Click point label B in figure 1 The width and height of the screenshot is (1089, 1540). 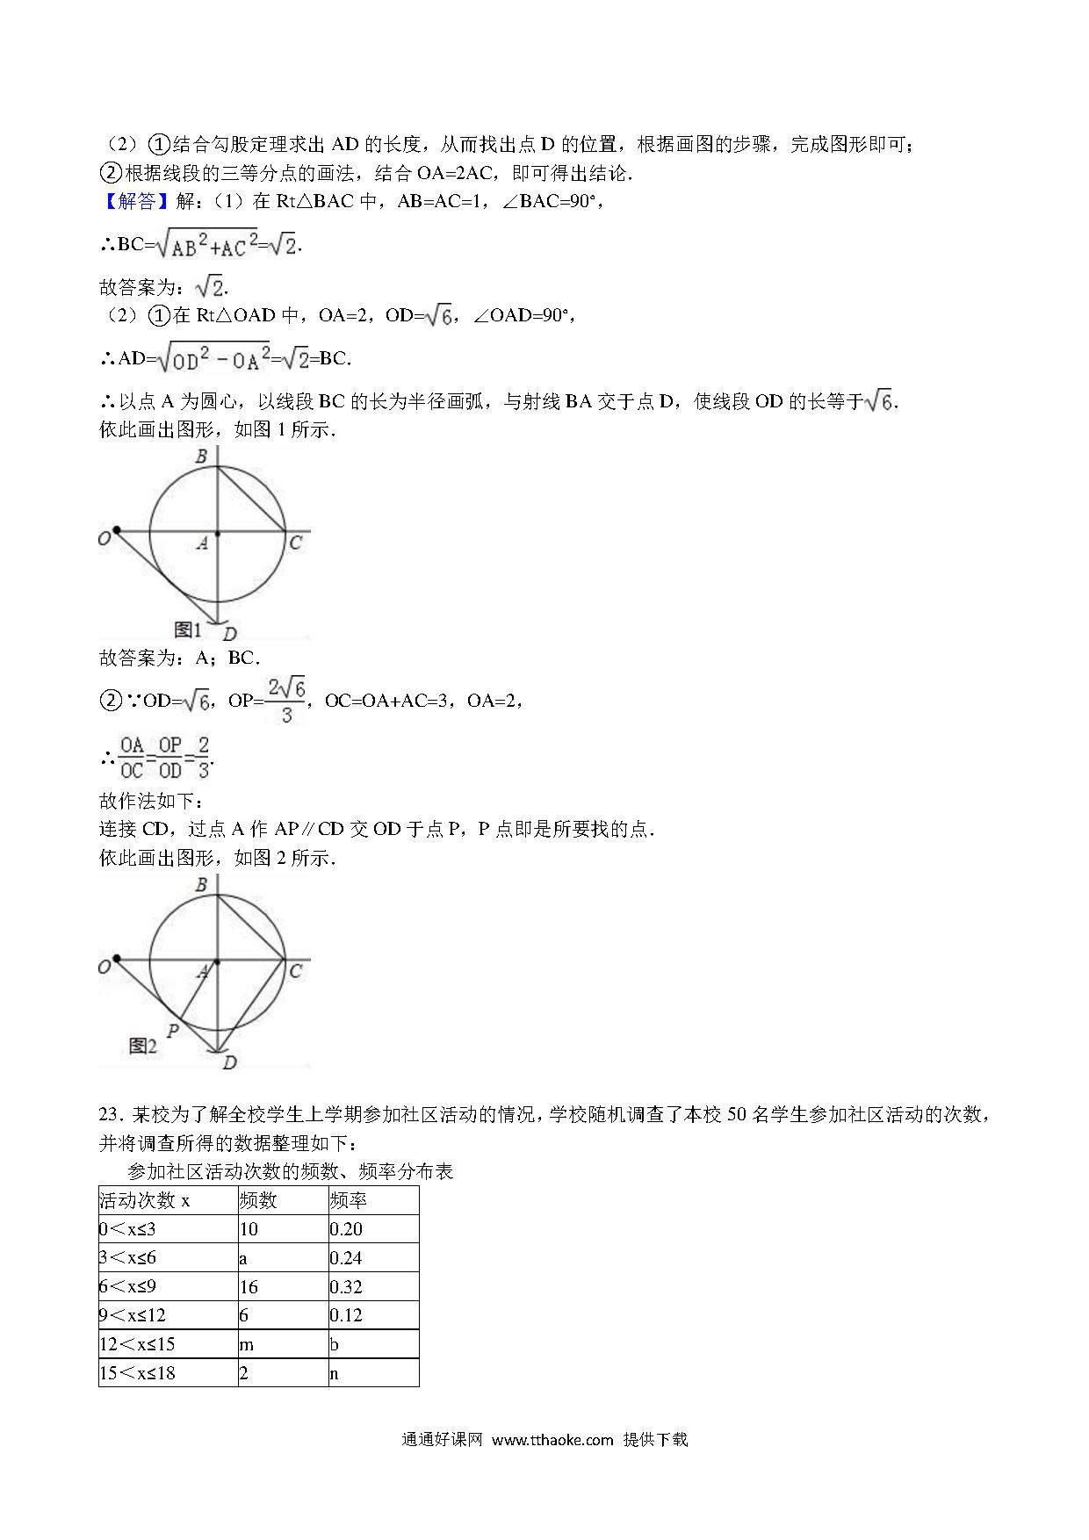[x=201, y=457]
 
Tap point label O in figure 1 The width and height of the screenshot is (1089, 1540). [x=105, y=537]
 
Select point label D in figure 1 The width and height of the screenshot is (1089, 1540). [x=229, y=633]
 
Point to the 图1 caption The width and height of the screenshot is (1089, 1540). [x=188, y=630]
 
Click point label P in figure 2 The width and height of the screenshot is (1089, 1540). [x=173, y=1030]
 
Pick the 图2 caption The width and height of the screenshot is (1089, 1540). [x=142, y=1046]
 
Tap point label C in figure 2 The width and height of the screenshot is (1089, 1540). [x=295, y=971]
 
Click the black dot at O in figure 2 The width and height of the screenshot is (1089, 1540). [x=117, y=960]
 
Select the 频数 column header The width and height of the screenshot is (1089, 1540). [x=258, y=1200]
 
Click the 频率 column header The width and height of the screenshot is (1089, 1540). [x=349, y=1200]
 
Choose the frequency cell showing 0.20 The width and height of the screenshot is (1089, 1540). [x=347, y=1229]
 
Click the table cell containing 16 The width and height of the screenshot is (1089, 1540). [x=249, y=1287]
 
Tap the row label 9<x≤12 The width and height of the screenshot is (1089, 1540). [x=133, y=1315]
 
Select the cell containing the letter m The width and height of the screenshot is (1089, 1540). [x=246, y=1344]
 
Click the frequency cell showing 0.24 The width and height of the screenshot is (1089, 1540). [x=347, y=1258]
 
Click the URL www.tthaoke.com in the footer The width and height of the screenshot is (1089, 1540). [x=552, y=1439]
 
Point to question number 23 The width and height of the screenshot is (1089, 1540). [x=110, y=1115]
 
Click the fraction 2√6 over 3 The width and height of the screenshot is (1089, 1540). [x=286, y=700]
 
